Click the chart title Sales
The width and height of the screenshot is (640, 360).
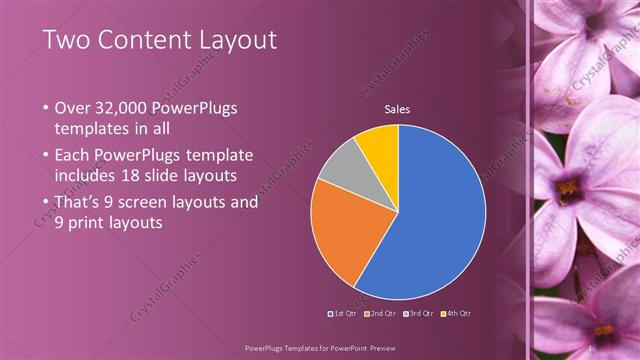[398, 110]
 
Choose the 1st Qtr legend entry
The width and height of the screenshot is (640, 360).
[345, 313]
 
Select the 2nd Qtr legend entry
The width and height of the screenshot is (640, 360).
[382, 313]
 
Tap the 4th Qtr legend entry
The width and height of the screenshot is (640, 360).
[455, 313]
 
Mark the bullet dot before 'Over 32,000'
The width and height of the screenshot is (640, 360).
[47, 108]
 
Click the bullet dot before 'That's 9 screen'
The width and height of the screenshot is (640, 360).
[47, 201]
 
